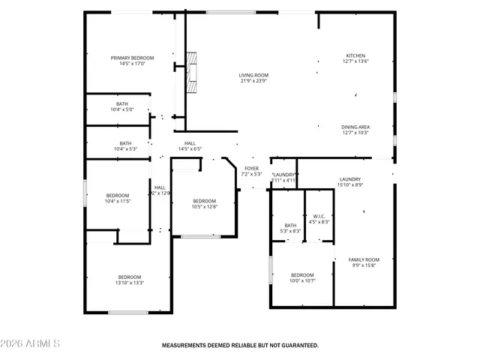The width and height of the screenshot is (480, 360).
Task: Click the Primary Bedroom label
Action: pos(132,58)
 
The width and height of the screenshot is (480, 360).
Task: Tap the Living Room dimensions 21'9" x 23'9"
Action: pos(253,81)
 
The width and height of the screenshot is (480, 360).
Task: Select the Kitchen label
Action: pos(355,55)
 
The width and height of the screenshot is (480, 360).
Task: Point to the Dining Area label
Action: pos(355,127)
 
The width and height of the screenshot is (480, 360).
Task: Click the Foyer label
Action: pos(251,168)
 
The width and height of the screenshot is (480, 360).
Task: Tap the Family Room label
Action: pos(364,259)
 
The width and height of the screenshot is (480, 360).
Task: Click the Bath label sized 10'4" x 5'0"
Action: pos(122,104)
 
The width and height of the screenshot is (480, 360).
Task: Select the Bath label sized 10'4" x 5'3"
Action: pos(125,143)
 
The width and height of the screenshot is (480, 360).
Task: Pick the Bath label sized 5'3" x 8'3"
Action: pos(291,226)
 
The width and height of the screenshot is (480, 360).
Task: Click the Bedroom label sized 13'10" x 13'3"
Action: pos(130,277)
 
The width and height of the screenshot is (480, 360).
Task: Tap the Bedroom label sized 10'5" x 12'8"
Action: pos(204,200)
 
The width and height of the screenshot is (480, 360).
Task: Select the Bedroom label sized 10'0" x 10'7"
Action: pos(302,274)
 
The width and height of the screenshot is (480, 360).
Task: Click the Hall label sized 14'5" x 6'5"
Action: pos(190,143)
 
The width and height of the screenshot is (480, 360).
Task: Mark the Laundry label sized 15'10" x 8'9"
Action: pos(350,179)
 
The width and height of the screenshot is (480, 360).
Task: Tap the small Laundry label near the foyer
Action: pos(284,174)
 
